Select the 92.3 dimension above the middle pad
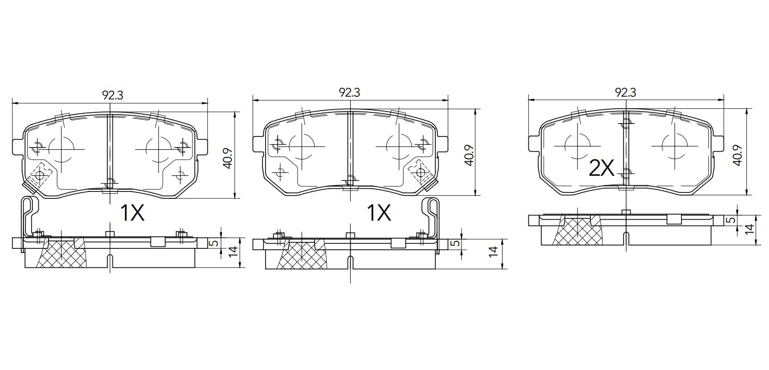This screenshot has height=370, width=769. coord(349,92)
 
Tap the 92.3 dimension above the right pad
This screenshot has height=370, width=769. coord(625,92)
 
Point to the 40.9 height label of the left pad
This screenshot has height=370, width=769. coord(228,158)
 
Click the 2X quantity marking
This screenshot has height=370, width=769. coord(602,168)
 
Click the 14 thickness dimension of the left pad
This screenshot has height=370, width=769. coord(233,252)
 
